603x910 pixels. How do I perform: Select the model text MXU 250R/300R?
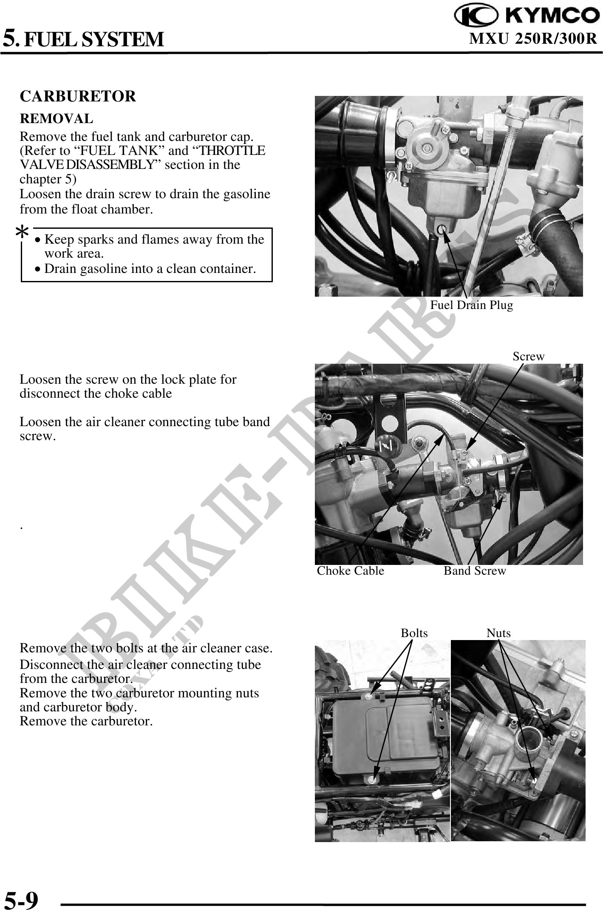[533, 39]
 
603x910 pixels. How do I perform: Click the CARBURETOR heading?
[78, 96]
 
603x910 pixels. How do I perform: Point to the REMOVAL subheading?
[56, 119]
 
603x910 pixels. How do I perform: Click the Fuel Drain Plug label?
[471, 305]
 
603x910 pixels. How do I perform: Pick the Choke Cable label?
[350, 571]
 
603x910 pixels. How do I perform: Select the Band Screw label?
[475, 571]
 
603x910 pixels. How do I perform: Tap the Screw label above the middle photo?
[528, 357]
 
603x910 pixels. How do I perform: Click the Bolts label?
[414, 633]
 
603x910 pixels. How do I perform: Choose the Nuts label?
[498, 633]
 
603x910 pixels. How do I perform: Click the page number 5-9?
[21, 897]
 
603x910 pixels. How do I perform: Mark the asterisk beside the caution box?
[22, 233]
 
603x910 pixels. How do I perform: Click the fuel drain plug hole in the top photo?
[442, 230]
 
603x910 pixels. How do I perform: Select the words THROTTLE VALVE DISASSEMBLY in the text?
[142, 158]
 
